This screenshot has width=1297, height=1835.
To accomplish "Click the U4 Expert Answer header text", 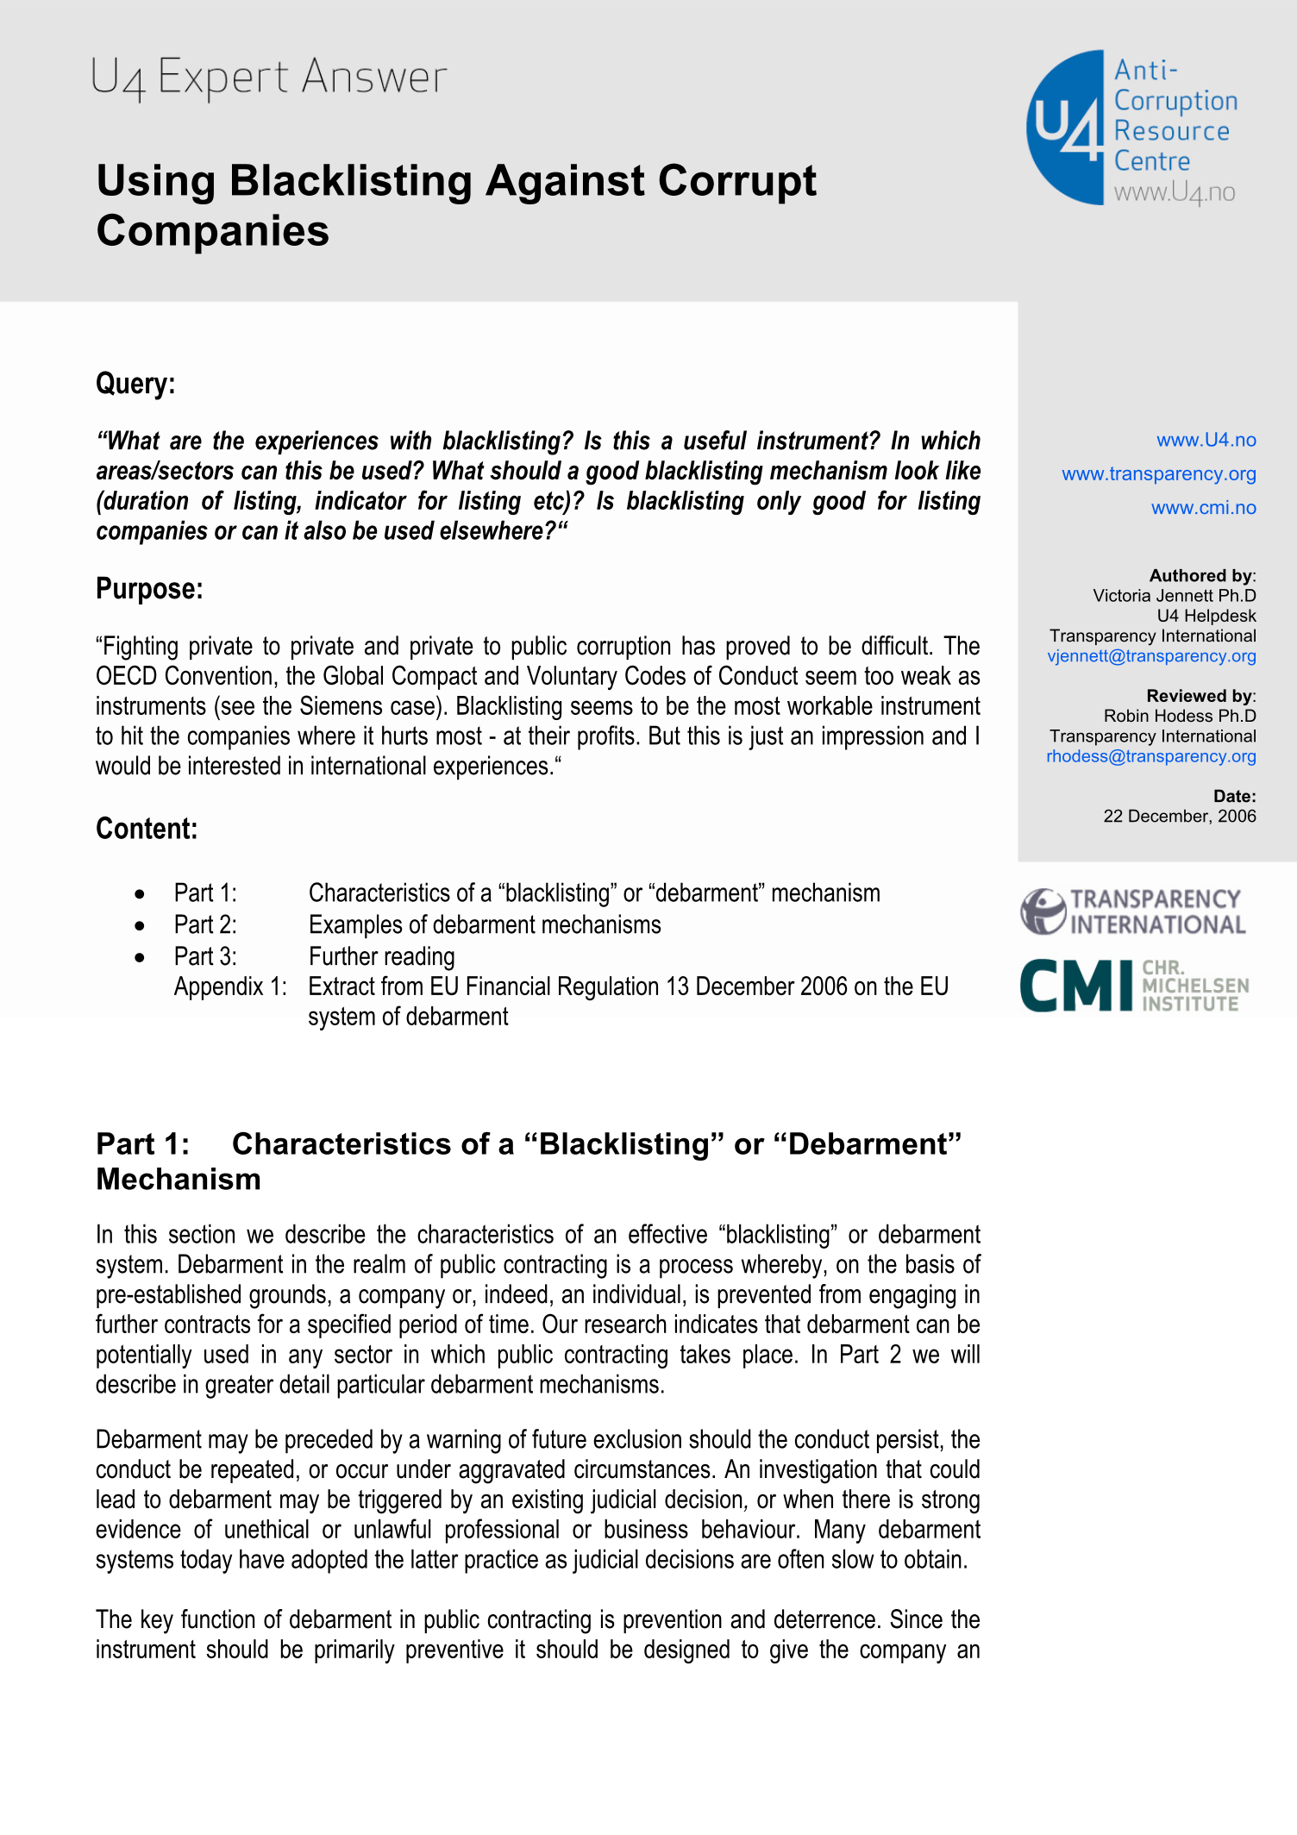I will pos(268,78).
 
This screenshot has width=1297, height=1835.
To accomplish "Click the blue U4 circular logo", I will pos(1066,128).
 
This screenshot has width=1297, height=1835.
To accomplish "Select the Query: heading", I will pos(135,384).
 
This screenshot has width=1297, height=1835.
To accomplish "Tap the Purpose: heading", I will pos(149,589).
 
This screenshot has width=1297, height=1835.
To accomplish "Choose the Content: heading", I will pos(147,829).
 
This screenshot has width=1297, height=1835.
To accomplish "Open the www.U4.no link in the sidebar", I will pos(1206,441).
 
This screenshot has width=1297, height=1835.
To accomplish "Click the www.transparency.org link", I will pos(1158,474).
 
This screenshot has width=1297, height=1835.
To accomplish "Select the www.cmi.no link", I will pos(1203,508).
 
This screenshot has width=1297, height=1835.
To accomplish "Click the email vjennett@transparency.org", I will pos(1151,656).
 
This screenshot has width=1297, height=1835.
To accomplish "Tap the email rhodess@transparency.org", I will pos(1150,756).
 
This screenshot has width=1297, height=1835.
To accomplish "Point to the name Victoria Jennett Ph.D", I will pos(1174,596).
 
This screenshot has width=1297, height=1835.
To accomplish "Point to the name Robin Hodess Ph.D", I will pos(1179,716).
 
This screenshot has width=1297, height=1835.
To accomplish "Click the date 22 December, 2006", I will pos(1179,817).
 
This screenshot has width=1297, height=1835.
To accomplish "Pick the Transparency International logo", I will pos(1133,912).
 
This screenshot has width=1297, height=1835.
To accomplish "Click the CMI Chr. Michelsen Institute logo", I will pos(1133,985).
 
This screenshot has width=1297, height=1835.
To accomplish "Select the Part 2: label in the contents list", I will pos(205,925).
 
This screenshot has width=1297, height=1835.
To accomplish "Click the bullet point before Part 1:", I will pos(140,894).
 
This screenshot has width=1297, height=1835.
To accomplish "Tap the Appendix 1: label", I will pos(230,986).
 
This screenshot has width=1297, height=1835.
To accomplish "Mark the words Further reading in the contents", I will pos(381,957).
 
